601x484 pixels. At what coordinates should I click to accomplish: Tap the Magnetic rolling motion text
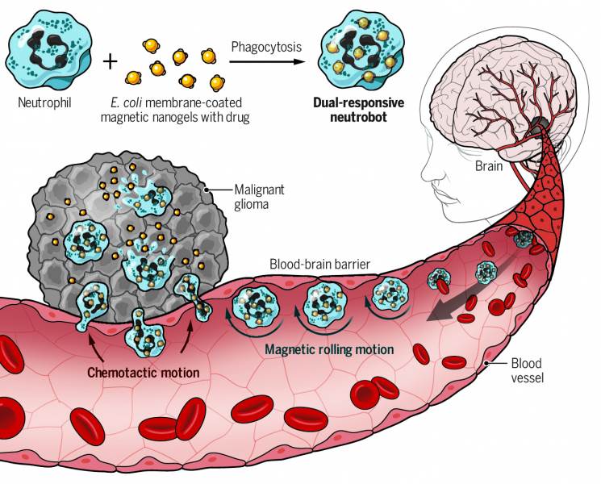click(330, 350)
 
